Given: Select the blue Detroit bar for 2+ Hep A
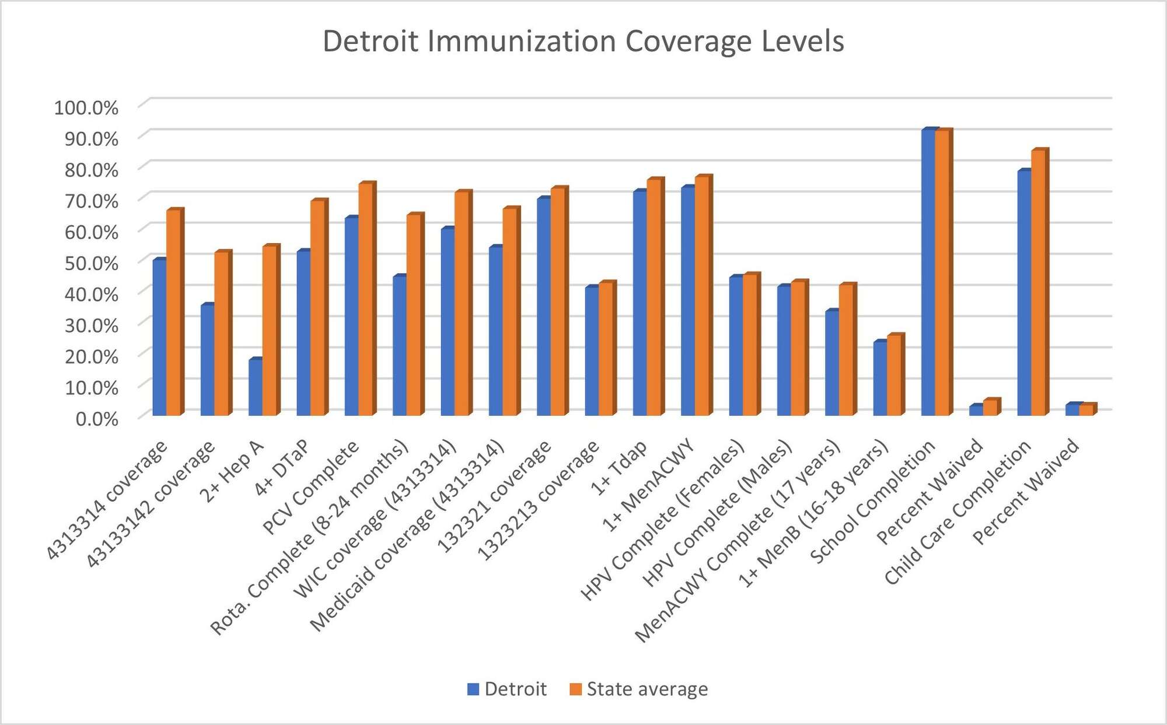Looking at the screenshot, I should click(255, 387).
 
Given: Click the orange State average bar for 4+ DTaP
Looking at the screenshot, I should click(317, 308).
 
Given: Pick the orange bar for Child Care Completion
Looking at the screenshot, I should click(1038, 283).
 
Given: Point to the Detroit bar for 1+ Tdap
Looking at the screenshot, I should click(640, 303).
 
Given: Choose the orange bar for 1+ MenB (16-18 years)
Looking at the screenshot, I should click(894, 376).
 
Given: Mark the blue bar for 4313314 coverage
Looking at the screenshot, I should click(159, 338).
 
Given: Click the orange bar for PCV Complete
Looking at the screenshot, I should click(365, 300).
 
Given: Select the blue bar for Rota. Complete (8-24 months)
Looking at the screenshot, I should click(399, 346).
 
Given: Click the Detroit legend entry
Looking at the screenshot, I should click(507, 689).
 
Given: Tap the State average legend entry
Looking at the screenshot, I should click(639, 689).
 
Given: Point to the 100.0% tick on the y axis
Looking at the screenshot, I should click(86, 108).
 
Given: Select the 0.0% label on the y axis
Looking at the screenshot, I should click(97, 418).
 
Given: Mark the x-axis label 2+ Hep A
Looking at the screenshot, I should click(232, 472).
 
